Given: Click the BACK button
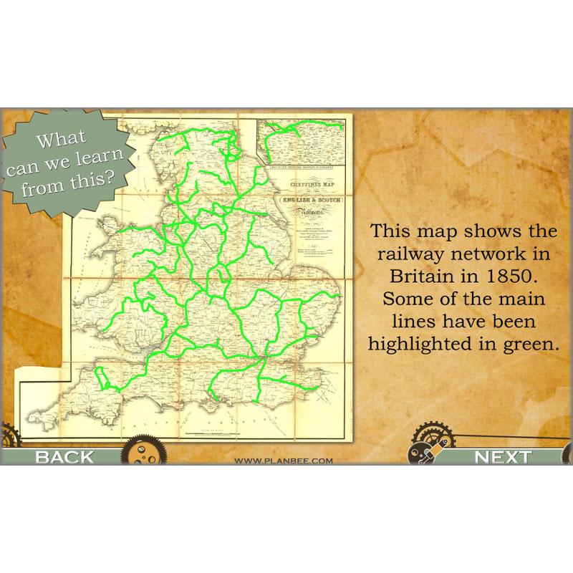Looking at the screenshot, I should tap(64, 457).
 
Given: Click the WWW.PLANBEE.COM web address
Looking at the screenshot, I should tap(284, 461).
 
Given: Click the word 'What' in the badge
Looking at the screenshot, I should tap(60, 139).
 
